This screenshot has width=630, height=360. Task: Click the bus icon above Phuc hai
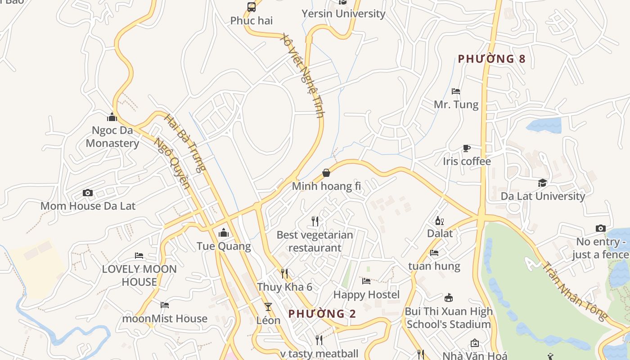click(252, 7)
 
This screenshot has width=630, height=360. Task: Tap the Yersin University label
click(344, 13)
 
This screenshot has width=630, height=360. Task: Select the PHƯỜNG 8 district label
click(491, 59)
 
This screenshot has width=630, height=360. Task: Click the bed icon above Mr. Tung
click(456, 91)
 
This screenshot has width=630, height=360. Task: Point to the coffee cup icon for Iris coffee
click(467, 148)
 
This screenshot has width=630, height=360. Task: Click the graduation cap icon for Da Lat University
click(543, 183)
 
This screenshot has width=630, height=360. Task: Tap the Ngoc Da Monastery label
click(112, 137)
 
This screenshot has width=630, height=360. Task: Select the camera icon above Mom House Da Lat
click(88, 193)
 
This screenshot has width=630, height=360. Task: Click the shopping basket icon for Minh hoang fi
click(326, 173)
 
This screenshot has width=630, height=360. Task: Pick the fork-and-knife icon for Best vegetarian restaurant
click(315, 221)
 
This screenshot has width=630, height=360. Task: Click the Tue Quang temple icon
click(224, 233)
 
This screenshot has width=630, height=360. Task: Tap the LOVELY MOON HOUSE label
click(139, 275)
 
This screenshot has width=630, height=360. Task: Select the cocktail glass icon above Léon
click(268, 307)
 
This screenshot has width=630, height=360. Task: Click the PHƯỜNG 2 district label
click(322, 314)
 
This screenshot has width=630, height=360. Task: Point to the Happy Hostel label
click(366, 295)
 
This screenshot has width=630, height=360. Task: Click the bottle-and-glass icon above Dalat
click(440, 220)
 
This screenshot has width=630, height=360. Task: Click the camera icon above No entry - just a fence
click(600, 229)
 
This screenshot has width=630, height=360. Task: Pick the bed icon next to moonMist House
click(165, 305)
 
